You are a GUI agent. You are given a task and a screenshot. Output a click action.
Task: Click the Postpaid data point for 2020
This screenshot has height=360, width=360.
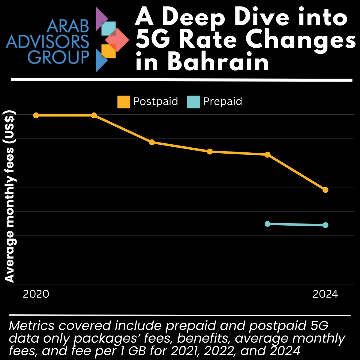(x=36, y=115)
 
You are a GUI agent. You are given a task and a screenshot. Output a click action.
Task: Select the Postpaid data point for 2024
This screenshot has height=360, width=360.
(x=325, y=190)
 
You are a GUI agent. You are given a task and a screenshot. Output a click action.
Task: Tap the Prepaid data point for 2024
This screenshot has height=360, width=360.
(x=325, y=225)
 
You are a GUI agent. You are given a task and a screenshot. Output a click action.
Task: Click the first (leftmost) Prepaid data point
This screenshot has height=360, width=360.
(x=268, y=224)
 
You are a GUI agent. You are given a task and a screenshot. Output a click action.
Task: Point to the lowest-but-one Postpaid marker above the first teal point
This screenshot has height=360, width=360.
(x=268, y=154)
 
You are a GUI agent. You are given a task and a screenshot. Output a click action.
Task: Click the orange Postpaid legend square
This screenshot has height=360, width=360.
(x=124, y=102)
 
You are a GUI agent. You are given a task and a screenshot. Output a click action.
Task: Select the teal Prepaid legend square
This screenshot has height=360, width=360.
(x=193, y=102)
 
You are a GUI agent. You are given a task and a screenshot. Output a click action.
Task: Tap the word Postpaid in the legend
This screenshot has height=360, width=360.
(x=155, y=101)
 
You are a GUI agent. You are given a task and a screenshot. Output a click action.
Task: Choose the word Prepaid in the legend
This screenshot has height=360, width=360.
(x=222, y=101)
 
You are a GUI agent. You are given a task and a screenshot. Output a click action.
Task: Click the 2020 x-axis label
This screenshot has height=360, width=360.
(x=36, y=294)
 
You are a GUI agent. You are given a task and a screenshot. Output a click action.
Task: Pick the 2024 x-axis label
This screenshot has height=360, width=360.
(x=325, y=294)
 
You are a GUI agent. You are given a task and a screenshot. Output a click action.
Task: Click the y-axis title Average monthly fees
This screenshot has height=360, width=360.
(x=10, y=198)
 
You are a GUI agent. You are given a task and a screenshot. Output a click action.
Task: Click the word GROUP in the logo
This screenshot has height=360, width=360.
(x=58, y=57)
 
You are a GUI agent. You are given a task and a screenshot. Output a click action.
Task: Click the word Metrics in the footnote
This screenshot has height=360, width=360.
(x=31, y=325)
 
